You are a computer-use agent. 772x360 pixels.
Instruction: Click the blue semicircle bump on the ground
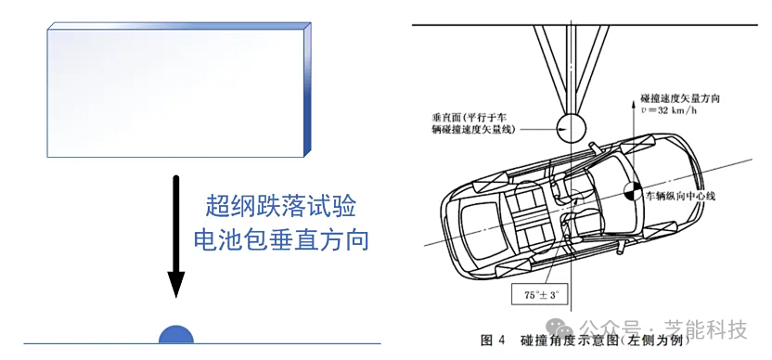[175, 335]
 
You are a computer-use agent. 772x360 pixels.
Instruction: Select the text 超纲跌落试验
[280, 206]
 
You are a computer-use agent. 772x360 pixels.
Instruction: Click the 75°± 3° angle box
[535, 296]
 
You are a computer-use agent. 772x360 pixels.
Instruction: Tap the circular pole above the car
[572, 127]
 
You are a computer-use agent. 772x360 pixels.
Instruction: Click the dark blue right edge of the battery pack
[308, 90]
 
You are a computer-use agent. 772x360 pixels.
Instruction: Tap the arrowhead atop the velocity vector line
[633, 102]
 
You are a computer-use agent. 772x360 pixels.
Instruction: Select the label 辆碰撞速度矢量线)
[470, 130]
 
